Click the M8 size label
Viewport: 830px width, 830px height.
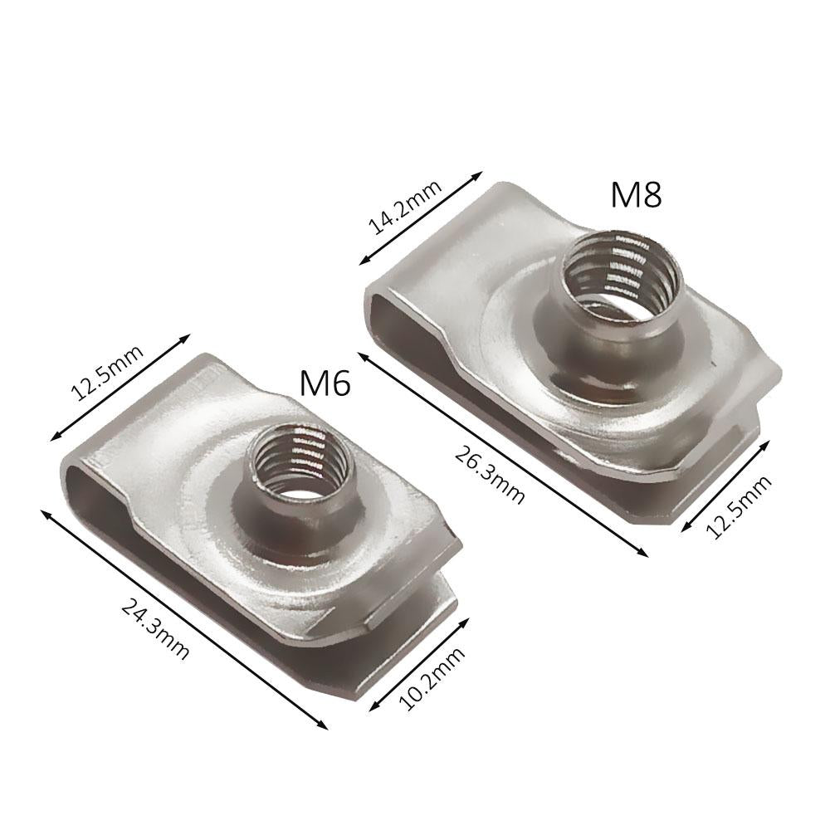(x=637, y=195)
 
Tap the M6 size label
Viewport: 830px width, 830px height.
(x=325, y=383)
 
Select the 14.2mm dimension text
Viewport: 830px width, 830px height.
(x=405, y=207)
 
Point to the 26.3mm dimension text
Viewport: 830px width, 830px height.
(x=490, y=476)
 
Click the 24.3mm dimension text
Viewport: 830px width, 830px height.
(x=155, y=627)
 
